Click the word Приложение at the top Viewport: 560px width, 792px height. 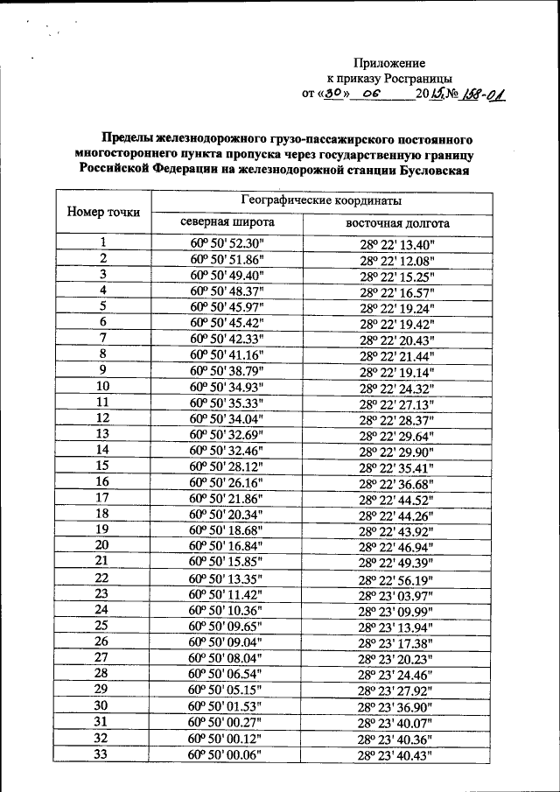pyautogui.click(x=389, y=63)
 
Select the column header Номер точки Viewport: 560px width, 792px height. pyautogui.click(x=102, y=213)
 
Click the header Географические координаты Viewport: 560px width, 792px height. pyautogui.click(x=302, y=201)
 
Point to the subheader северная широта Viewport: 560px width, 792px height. pyautogui.click(x=227, y=222)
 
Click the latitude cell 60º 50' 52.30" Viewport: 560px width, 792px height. pyautogui.click(x=227, y=243)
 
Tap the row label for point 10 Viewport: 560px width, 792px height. pyautogui.click(x=102, y=386)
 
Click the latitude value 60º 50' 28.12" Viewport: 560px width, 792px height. pyautogui.click(x=227, y=466)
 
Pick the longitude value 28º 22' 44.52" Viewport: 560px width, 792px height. pyautogui.click(x=396, y=498)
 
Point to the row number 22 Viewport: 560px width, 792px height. pyautogui.click(x=102, y=578)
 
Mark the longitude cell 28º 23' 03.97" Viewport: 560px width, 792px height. pyautogui.click(x=396, y=594)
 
